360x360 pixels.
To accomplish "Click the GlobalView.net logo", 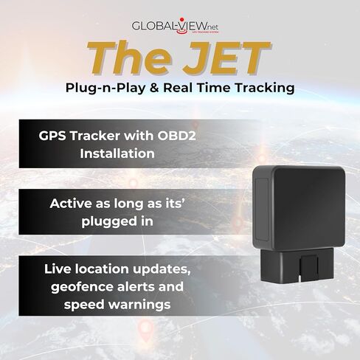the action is pos(175,26).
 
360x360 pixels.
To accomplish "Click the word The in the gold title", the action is pos(131,58).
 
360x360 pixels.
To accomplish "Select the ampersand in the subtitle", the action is pos(154,88).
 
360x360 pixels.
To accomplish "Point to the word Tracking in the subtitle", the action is pos(264,88).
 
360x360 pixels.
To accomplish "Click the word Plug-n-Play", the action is pos(105,88).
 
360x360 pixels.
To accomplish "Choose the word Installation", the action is pos(117,153).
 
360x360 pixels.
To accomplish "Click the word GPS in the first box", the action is pos(52,136).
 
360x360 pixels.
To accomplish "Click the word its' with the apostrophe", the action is pos(173,204).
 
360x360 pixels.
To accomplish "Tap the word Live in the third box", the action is pos(58,269).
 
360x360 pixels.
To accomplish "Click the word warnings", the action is pos(139,305).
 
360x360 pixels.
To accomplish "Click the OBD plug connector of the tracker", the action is pos(297,265).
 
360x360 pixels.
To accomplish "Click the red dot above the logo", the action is pos(181,19).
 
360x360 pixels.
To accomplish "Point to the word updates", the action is pos(162,270).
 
